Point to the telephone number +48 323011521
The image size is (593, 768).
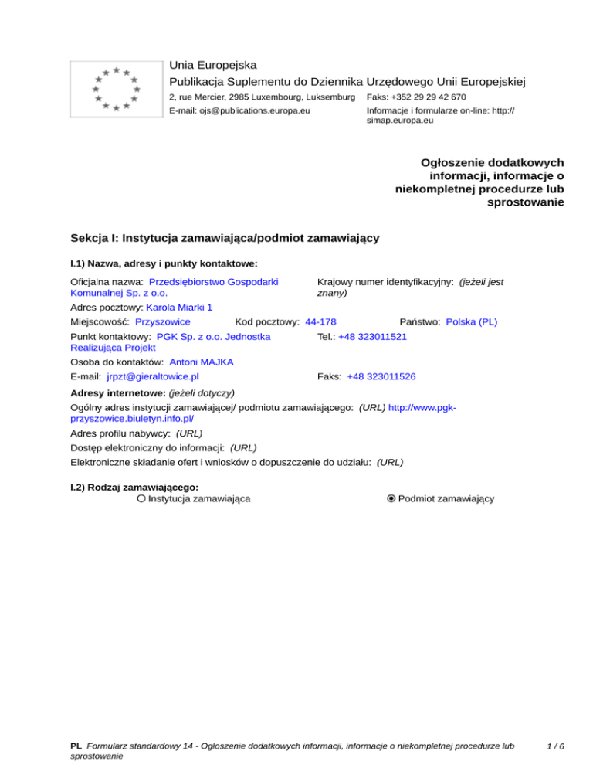(372, 337)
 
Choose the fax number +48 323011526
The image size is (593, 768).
(381, 376)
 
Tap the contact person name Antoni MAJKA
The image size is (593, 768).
(202, 362)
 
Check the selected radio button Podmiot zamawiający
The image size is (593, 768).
(391, 499)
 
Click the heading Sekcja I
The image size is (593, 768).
(224, 239)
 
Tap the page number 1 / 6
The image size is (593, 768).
(554, 746)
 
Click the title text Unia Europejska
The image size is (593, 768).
(213, 65)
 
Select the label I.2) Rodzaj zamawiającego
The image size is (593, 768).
(134, 488)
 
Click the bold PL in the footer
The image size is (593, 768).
(76, 746)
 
